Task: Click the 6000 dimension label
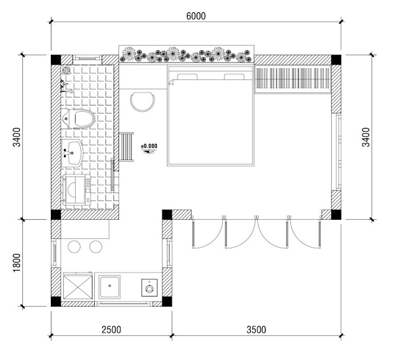coord(196,16)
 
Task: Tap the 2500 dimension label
coord(112,330)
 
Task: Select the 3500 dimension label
coord(256,330)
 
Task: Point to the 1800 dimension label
coord(17,263)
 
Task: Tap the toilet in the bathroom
coord(78,119)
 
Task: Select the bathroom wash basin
coord(72,153)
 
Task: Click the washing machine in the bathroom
coord(77,189)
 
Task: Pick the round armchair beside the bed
coord(142,102)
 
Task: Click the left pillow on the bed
coord(187,76)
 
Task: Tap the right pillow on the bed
coord(234,76)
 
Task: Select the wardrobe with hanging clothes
coord(293,79)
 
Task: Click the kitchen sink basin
coord(109,287)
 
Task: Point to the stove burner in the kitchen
coord(149,288)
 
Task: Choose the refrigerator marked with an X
coord(78,287)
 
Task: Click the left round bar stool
coord(74,246)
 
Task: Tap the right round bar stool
coord(96,246)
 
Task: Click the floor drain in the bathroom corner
coord(66,70)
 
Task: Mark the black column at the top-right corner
coord(336,60)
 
